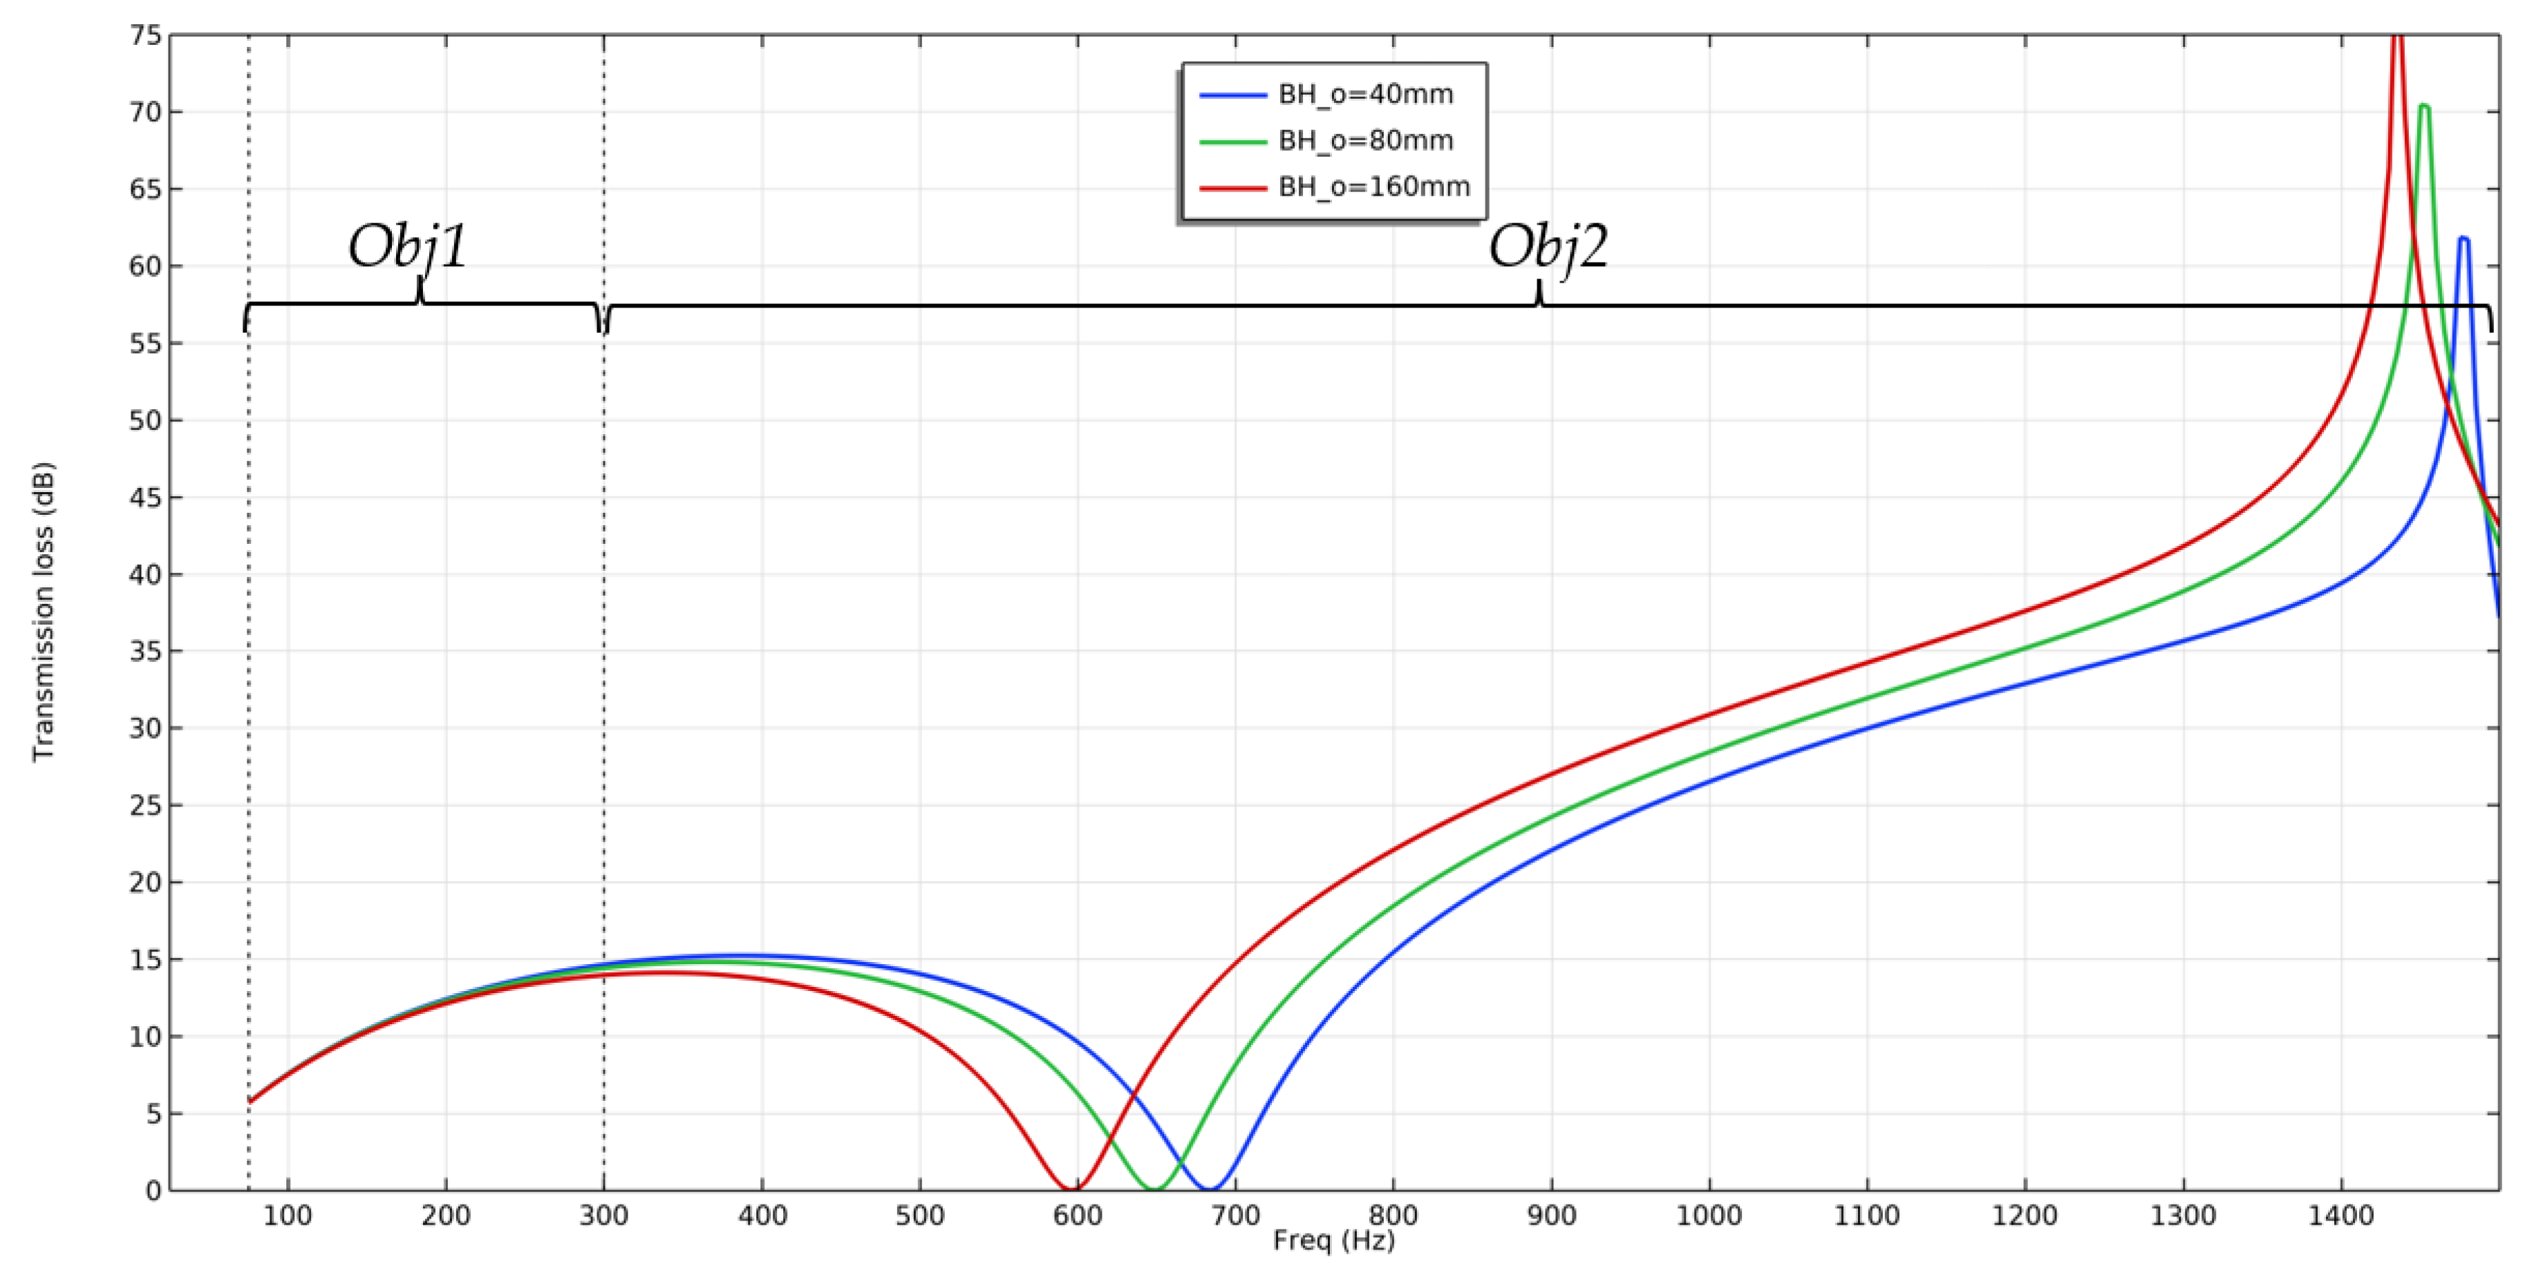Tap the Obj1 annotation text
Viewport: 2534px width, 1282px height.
coord(409,246)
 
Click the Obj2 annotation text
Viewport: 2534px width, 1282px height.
coord(1548,246)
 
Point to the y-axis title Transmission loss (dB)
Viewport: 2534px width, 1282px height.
coord(44,611)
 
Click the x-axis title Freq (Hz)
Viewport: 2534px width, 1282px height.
coord(1333,1241)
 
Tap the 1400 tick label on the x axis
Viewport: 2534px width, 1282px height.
coord(2341,1216)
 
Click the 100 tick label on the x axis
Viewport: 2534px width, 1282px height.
coord(288,1216)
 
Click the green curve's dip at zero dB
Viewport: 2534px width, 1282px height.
coord(1156,1189)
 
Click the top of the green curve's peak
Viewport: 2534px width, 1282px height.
coord(2424,105)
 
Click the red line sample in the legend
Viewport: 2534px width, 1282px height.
coord(1232,187)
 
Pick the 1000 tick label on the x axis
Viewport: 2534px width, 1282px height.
coord(1709,1216)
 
